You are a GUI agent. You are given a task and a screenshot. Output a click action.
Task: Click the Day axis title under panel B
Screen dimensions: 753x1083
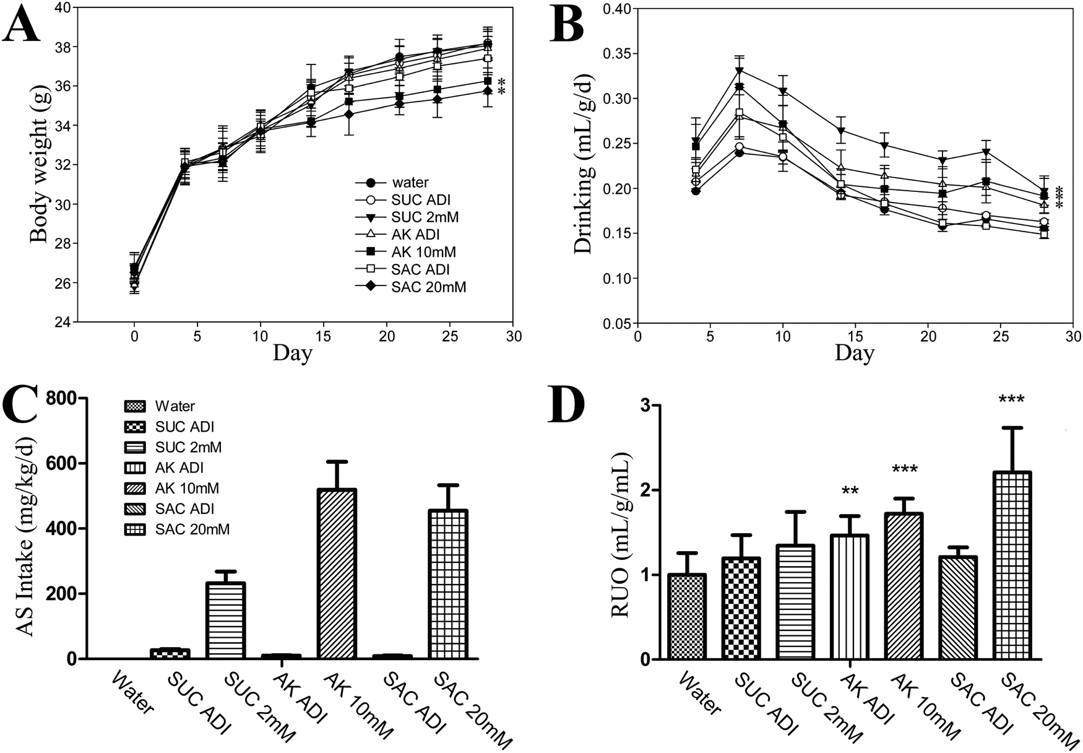854,353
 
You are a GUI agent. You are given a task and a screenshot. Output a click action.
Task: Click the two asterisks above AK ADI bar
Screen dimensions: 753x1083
849,492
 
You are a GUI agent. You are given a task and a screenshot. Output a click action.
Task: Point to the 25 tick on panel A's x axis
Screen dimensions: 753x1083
449,336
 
